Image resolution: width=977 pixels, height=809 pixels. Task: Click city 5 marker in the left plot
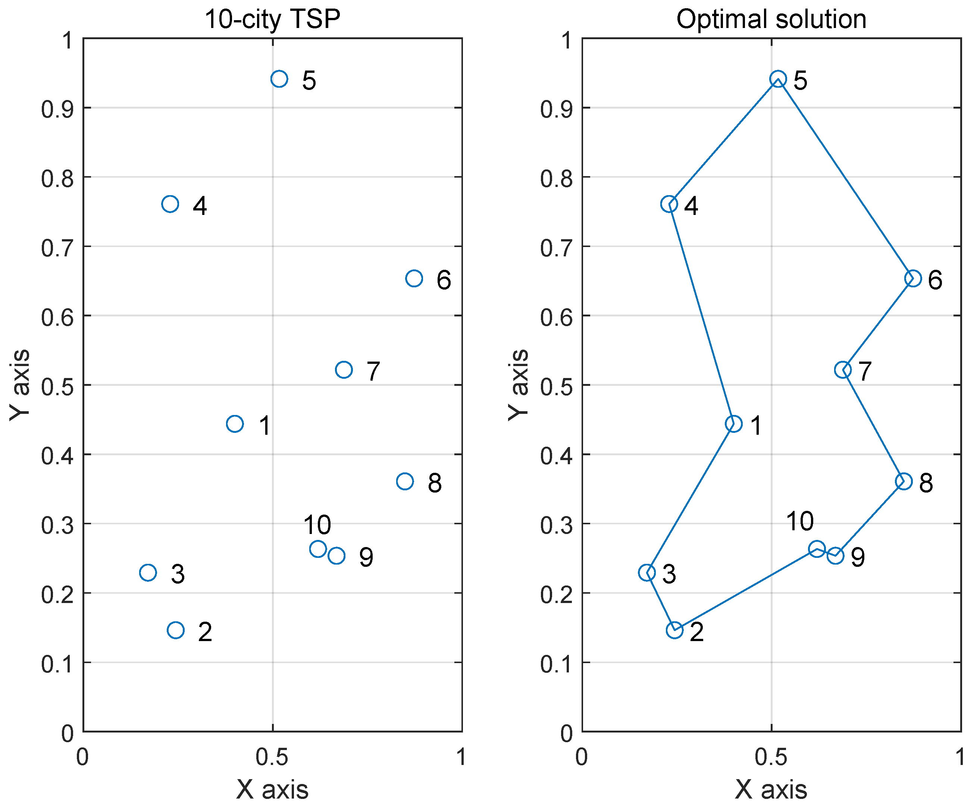tap(279, 79)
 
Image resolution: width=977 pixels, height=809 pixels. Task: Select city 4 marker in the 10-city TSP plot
tap(170, 204)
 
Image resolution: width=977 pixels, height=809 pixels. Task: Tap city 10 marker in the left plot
tap(318, 549)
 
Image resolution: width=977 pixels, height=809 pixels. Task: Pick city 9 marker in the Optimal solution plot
tap(836, 556)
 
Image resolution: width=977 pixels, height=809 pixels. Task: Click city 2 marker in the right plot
tap(674, 630)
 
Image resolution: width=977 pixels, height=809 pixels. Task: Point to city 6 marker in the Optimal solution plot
tap(913, 278)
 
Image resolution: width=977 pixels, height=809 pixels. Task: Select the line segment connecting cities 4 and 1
tap(701, 314)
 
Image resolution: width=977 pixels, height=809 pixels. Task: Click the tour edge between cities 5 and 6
tap(845, 178)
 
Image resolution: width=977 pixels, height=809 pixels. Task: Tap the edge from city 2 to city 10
tap(746, 589)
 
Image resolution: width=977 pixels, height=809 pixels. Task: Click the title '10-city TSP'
tap(272, 19)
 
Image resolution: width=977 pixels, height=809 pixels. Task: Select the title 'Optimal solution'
tap(771, 19)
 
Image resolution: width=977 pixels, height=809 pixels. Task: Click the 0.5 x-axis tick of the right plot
tap(771, 758)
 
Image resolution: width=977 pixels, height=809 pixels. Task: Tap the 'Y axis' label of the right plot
tap(518, 384)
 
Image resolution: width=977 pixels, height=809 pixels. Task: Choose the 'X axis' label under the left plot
tap(272, 790)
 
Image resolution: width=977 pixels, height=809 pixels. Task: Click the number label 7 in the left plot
tap(373, 371)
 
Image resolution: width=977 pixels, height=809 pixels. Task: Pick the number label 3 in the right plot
tap(669, 574)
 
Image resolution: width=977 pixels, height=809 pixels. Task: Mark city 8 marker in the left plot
tap(405, 481)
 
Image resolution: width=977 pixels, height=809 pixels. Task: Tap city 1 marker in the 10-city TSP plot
tap(235, 424)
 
